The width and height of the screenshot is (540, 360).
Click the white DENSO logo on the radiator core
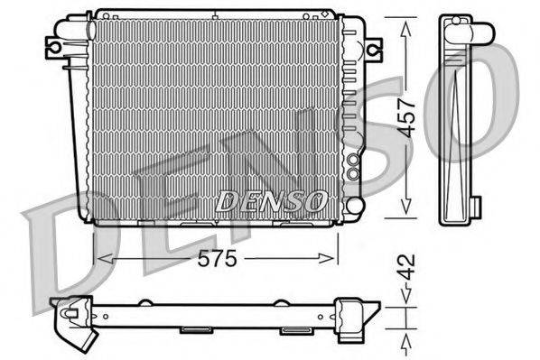271,200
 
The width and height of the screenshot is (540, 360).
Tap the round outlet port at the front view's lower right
354,167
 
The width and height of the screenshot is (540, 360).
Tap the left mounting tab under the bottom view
194,329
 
